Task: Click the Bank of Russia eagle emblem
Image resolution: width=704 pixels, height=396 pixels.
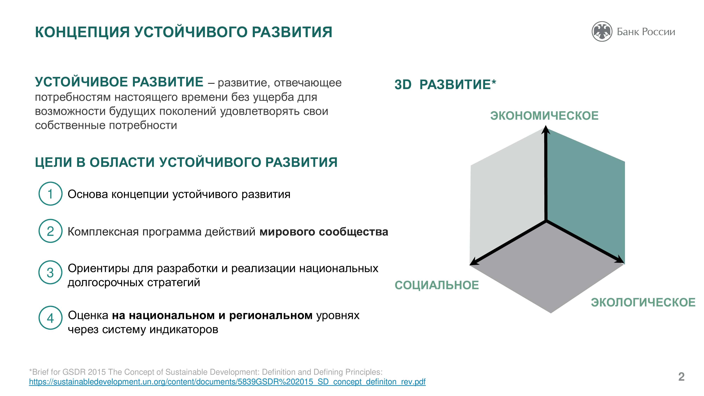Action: click(x=602, y=32)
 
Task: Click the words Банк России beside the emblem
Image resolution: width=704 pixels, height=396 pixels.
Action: click(x=646, y=32)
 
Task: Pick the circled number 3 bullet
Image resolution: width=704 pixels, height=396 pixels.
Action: click(x=50, y=272)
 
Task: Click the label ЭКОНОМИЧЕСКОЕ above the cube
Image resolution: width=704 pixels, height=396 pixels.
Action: click(x=544, y=116)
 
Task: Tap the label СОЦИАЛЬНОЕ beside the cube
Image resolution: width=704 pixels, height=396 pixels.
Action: click(x=437, y=285)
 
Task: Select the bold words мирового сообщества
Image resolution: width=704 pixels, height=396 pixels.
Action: click(x=324, y=232)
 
